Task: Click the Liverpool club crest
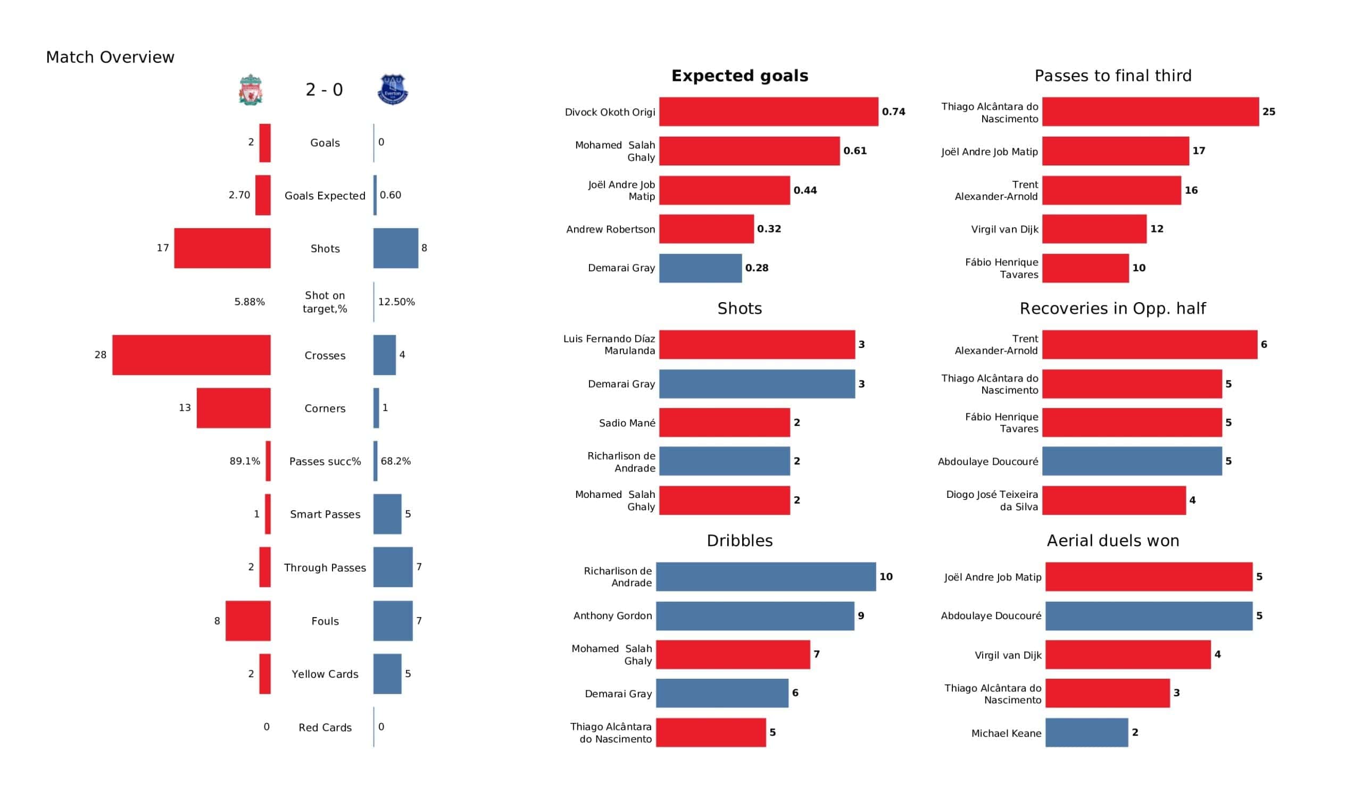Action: (x=251, y=90)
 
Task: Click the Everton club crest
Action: (x=393, y=90)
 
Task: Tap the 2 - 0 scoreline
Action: (x=325, y=90)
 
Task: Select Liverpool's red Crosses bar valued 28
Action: (x=192, y=355)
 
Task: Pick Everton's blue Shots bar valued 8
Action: (x=396, y=248)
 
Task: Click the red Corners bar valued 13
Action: (x=234, y=408)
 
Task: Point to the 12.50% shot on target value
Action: (x=396, y=302)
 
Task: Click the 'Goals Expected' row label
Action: (x=325, y=196)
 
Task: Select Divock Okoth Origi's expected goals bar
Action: (x=769, y=112)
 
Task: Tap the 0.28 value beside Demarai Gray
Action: (x=757, y=268)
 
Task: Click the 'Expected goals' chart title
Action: (x=740, y=76)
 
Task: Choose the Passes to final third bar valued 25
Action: (x=1150, y=112)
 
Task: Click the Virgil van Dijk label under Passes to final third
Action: (x=1004, y=229)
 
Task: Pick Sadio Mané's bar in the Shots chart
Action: (x=724, y=423)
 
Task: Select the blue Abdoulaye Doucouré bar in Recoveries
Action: (x=1132, y=461)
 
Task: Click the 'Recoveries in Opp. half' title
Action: (x=1112, y=309)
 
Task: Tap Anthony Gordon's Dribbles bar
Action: (x=755, y=615)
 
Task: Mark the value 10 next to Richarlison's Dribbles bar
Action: (x=886, y=577)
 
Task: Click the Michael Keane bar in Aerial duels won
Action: (x=1086, y=732)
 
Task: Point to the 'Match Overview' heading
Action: (x=110, y=57)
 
